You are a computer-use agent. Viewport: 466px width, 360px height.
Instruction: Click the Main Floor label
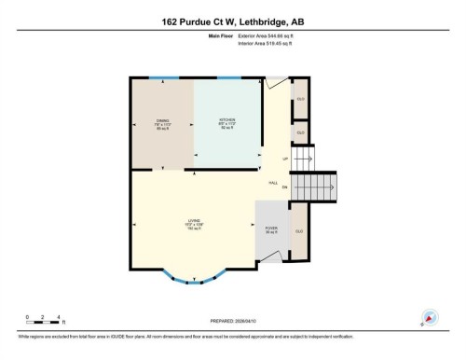coord(221,35)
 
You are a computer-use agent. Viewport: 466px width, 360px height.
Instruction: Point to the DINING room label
coord(161,123)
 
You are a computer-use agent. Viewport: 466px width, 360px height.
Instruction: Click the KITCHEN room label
coord(226,123)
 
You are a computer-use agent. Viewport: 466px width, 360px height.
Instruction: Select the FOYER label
coord(272,229)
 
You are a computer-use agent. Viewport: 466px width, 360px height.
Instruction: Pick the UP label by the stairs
coord(272,159)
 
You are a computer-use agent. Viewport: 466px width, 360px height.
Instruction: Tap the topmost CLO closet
coord(300,99)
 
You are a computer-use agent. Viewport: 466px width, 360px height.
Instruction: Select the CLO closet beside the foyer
coord(299,231)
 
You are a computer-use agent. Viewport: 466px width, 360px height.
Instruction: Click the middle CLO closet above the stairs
coord(300,133)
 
